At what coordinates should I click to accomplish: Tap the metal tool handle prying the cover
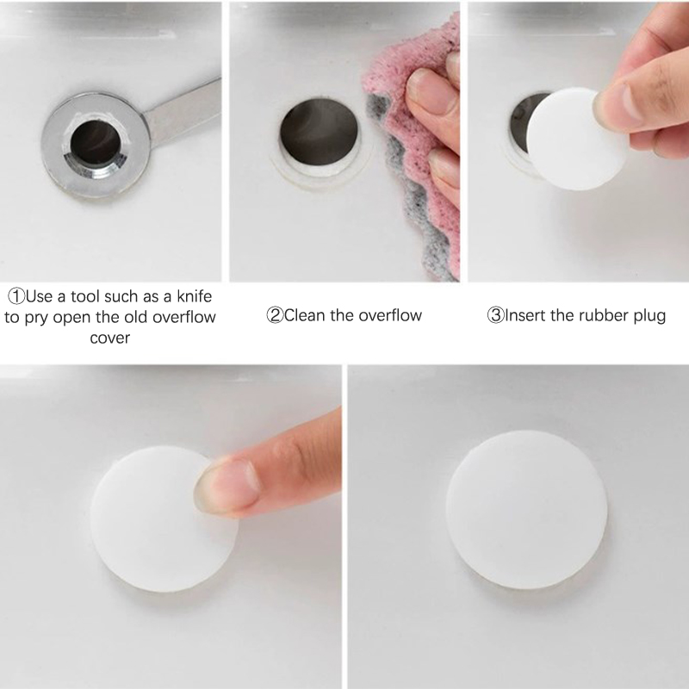click(x=184, y=112)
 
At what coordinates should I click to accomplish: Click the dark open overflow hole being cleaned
click(x=319, y=133)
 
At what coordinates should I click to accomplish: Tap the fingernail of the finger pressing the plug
click(x=224, y=486)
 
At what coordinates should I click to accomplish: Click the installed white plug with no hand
click(x=527, y=510)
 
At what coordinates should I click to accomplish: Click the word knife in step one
click(x=195, y=296)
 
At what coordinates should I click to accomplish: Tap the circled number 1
click(x=16, y=296)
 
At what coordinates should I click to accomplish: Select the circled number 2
click(x=275, y=315)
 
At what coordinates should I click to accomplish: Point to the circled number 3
click(x=495, y=315)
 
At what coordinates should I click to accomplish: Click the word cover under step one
click(x=110, y=338)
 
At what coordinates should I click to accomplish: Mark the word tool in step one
click(x=85, y=296)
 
